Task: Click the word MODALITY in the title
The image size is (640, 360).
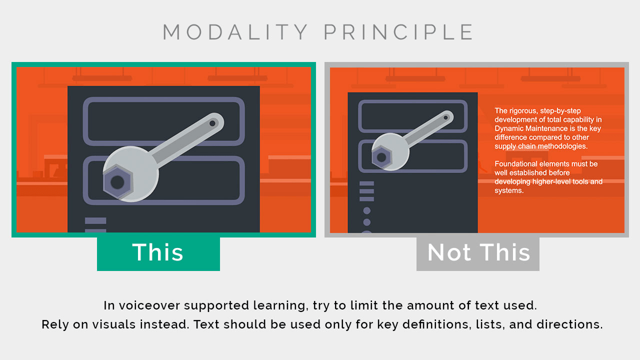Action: (x=235, y=32)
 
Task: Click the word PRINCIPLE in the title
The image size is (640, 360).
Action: (x=399, y=32)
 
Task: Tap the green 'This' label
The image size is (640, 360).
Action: (x=158, y=253)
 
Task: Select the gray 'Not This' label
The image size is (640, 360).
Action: (x=478, y=253)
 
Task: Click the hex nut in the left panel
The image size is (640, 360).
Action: (x=117, y=182)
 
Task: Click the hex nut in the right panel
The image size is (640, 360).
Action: (x=381, y=157)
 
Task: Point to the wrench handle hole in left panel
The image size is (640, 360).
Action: (x=212, y=123)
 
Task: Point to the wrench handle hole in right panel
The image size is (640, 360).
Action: (x=445, y=117)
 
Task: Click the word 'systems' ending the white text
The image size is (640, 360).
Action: (x=508, y=190)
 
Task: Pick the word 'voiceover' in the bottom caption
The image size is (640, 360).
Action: (x=149, y=305)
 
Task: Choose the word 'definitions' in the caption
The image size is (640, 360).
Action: (x=437, y=324)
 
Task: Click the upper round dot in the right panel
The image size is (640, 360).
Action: (x=367, y=210)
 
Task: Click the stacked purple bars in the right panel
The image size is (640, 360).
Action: (x=366, y=191)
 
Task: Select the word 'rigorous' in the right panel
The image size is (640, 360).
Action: (x=521, y=111)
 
